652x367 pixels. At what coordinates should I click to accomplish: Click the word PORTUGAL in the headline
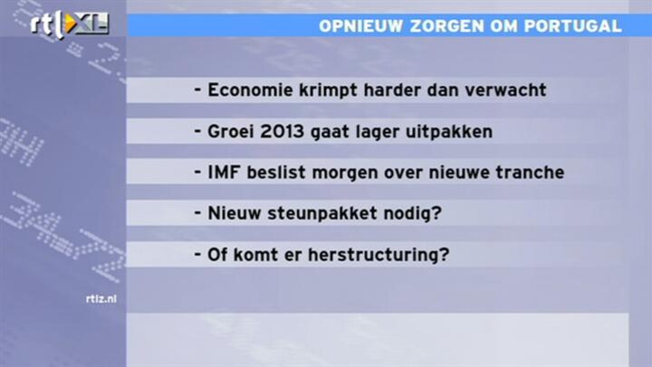coord(572,25)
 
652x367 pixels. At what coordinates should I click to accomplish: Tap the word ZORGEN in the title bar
coord(447,25)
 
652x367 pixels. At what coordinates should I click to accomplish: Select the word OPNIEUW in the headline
coord(361,25)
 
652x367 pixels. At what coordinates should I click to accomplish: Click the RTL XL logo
coord(70,24)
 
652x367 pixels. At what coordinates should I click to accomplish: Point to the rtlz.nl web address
coord(101,299)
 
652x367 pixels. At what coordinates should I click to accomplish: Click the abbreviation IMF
coord(224,172)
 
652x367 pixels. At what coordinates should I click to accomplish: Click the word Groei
coord(231,131)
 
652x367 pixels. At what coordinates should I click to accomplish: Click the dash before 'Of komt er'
coord(197,254)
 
